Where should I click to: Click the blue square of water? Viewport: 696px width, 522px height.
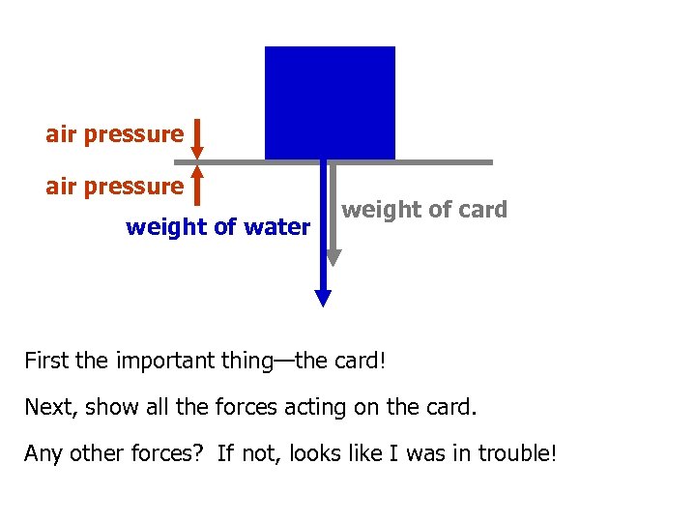click(x=330, y=102)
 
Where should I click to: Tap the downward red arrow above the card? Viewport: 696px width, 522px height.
click(x=196, y=138)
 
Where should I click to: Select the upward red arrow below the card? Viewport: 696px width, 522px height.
click(x=196, y=185)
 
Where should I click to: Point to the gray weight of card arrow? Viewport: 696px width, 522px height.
click(x=333, y=213)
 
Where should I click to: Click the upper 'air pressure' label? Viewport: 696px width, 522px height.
click(x=114, y=134)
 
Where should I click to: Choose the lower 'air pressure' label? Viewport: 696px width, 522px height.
click(x=114, y=186)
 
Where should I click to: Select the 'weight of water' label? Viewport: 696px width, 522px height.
click(x=217, y=228)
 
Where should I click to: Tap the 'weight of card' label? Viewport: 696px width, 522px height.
click(x=424, y=210)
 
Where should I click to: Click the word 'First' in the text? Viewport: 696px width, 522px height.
click(x=45, y=362)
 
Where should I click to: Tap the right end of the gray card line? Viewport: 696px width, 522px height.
click(x=490, y=162)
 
